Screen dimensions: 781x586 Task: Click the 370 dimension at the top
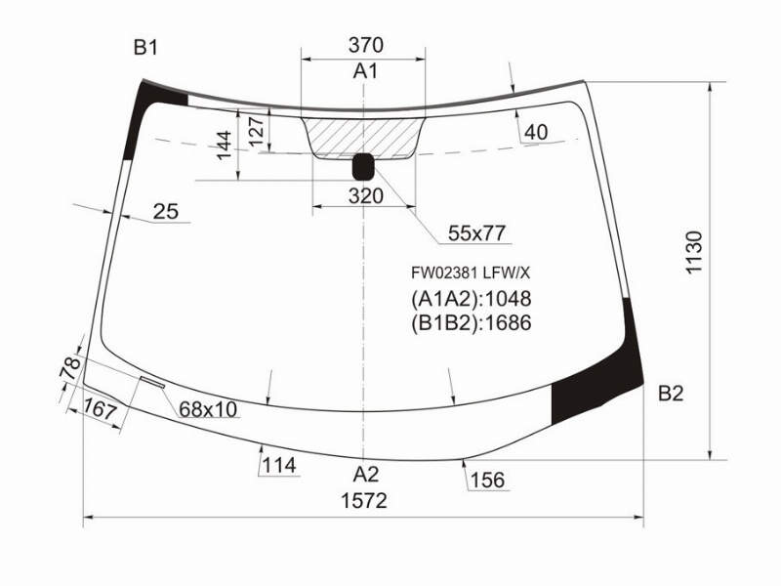coord(366,45)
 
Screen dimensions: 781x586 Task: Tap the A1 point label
coord(365,71)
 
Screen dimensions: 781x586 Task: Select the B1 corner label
coord(145,48)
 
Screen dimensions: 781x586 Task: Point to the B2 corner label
coord(671,394)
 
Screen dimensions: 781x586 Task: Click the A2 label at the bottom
coord(366,475)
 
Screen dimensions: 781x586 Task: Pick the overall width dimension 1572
coord(364,501)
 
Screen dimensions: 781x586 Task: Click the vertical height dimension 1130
coord(694,252)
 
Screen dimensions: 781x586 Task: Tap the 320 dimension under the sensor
coord(366,196)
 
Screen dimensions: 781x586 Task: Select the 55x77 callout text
coord(476,233)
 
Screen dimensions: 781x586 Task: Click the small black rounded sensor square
coord(363,166)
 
